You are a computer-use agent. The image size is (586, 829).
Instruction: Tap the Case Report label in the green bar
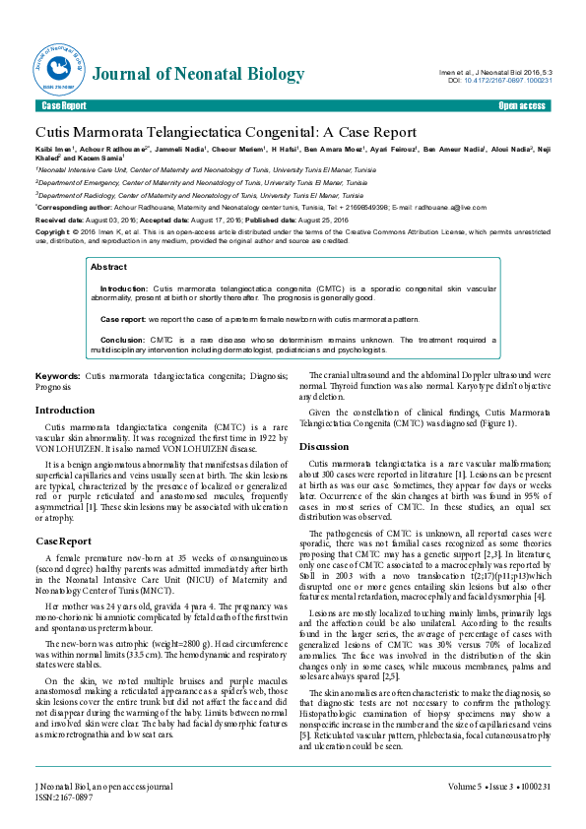click(63, 105)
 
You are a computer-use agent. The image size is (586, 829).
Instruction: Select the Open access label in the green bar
click(522, 105)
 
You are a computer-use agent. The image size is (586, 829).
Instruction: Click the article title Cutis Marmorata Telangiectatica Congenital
click(213, 131)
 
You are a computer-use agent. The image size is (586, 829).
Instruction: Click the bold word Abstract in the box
click(108, 267)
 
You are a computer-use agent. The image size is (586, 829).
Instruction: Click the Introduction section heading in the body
click(65, 410)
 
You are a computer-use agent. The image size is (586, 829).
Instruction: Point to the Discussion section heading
click(324, 446)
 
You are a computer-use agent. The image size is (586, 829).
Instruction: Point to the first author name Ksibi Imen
click(55, 151)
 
